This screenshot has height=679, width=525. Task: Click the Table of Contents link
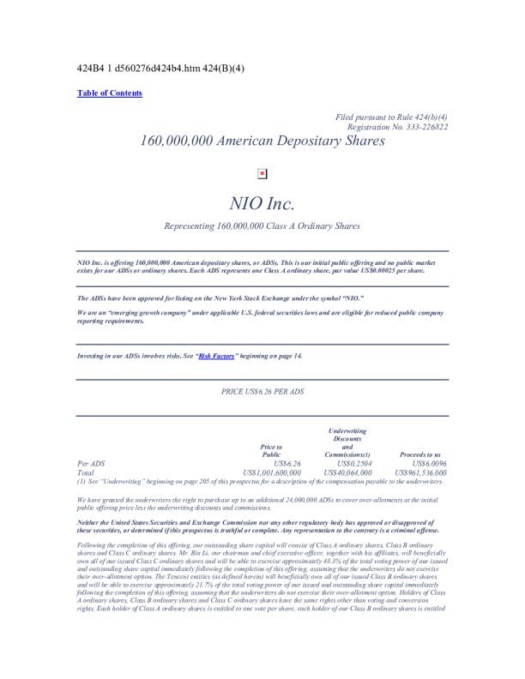(x=110, y=93)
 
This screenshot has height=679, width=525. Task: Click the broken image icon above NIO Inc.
(x=262, y=173)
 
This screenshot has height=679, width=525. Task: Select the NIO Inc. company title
(x=262, y=203)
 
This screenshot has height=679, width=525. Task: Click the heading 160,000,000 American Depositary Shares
(x=262, y=142)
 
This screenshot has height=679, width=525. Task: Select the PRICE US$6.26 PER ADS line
(x=262, y=392)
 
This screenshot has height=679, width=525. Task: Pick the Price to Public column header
(x=271, y=450)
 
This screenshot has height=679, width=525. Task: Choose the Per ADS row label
(x=91, y=463)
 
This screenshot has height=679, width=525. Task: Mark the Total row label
(x=86, y=472)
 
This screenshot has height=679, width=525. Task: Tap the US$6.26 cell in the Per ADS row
(x=285, y=463)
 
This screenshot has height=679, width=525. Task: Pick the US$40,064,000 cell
(x=347, y=472)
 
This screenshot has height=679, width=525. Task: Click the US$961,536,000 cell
(x=419, y=472)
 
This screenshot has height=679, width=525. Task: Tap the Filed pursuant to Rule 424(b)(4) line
(x=391, y=117)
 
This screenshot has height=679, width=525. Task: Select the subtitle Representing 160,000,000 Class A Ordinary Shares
(x=262, y=226)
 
